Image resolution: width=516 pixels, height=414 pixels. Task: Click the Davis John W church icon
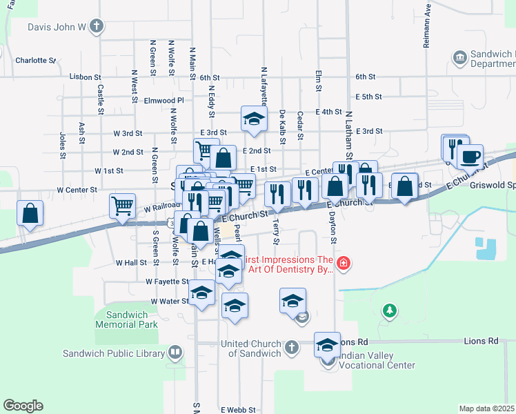97,28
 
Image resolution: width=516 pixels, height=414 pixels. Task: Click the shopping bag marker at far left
30,214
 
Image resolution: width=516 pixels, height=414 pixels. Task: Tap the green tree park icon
390,311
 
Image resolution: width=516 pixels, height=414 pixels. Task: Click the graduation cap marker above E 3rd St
254,119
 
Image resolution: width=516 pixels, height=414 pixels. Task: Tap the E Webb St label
238,410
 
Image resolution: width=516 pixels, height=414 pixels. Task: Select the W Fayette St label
168,282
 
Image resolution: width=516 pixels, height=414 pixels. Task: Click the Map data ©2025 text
486,408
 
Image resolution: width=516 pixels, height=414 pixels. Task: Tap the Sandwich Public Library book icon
176,353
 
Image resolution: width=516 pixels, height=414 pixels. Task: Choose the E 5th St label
369,97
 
